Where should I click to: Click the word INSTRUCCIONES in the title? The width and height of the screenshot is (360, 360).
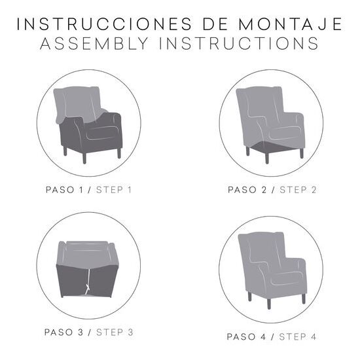[x=105, y=24]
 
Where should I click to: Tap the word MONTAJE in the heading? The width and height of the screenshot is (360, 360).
[x=291, y=24]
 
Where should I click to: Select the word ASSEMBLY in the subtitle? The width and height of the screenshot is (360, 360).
[x=94, y=43]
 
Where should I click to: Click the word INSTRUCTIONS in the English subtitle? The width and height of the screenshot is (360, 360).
[x=239, y=43]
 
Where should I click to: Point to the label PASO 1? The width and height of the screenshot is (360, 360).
[x=64, y=190]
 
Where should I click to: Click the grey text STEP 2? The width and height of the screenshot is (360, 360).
[x=298, y=190]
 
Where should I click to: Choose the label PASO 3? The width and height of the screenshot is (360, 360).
[x=63, y=333]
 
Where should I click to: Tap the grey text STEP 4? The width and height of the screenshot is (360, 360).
[x=298, y=337]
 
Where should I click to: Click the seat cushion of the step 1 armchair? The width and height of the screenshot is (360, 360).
[x=103, y=133]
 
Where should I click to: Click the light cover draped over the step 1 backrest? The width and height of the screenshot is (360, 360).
[x=78, y=104]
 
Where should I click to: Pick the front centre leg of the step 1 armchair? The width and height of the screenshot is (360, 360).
[x=84, y=158]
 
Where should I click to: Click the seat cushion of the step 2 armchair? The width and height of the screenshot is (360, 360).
[x=285, y=133]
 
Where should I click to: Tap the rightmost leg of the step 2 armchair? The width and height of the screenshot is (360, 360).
[x=302, y=153]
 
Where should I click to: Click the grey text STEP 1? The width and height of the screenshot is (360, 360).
[x=114, y=190]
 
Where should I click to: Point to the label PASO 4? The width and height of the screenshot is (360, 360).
[x=246, y=337]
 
